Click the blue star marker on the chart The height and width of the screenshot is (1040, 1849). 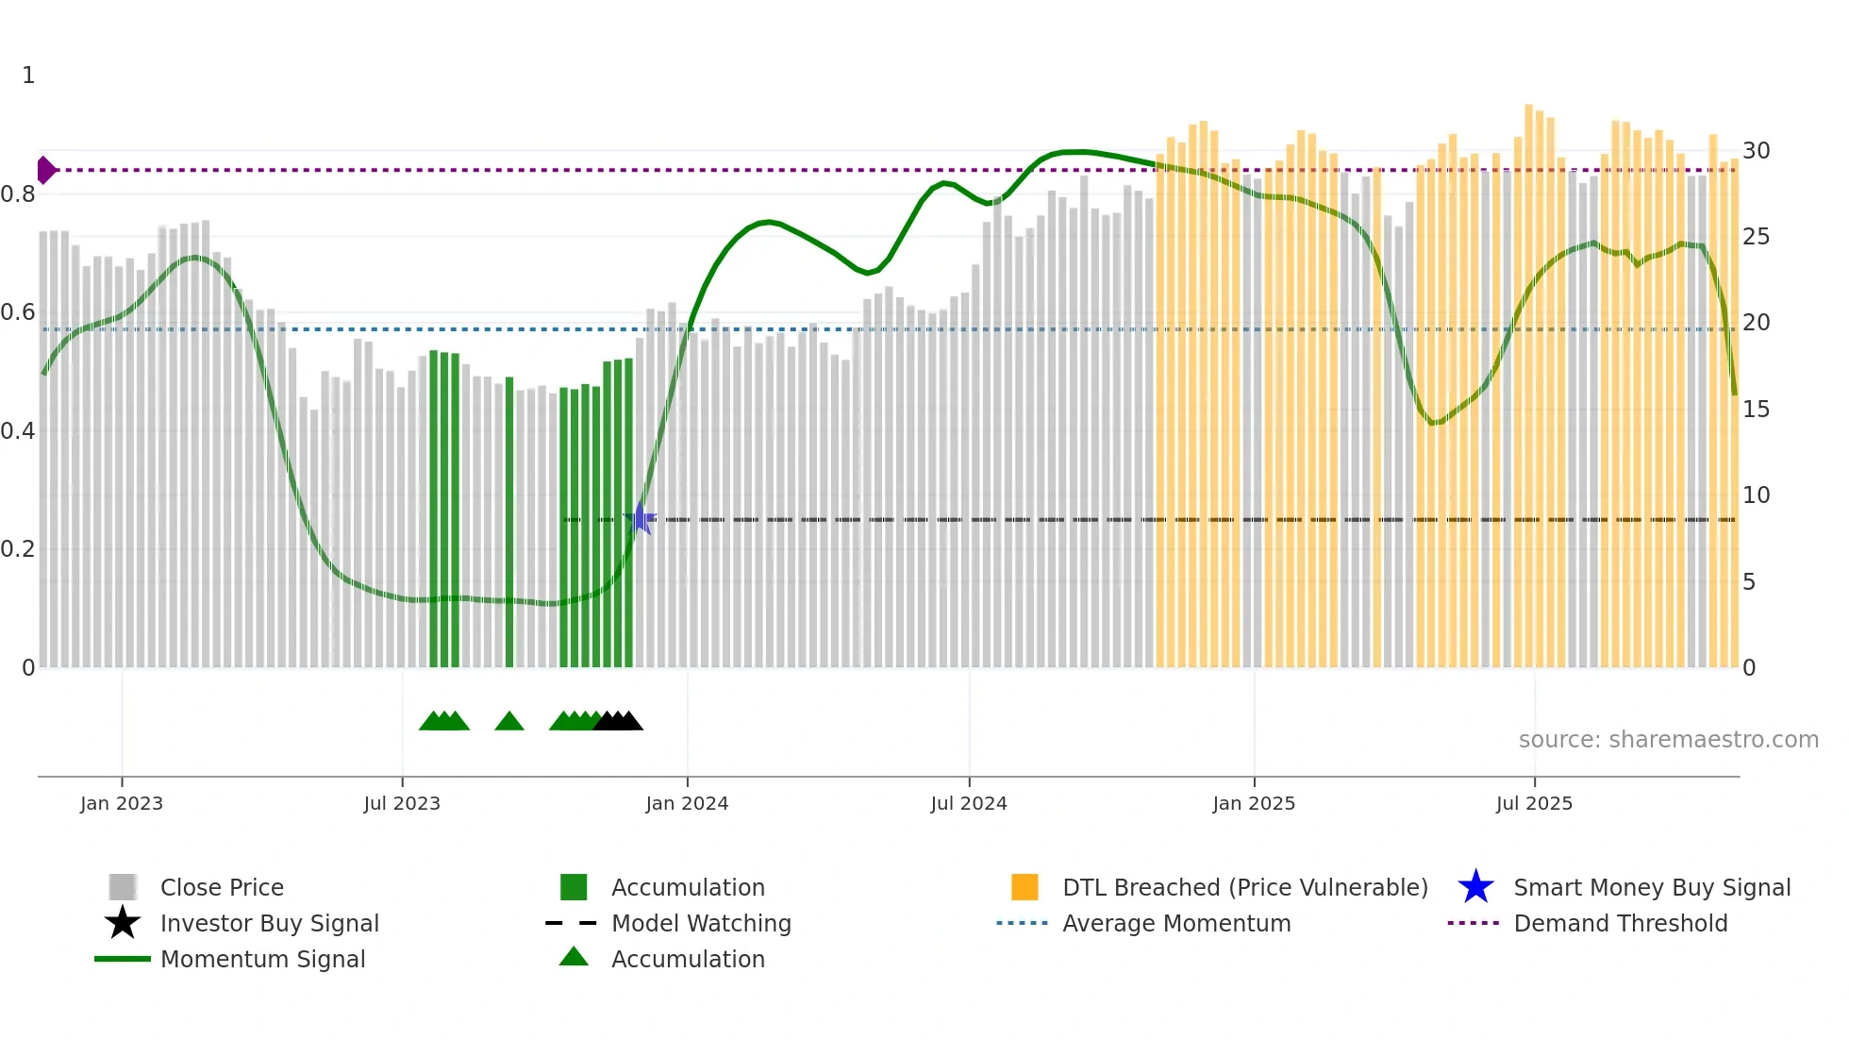click(x=640, y=519)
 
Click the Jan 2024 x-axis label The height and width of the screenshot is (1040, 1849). click(x=687, y=803)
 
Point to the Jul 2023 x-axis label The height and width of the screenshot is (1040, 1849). click(x=402, y=803)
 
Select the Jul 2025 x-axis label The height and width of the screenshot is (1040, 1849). click(x=1534, y=803)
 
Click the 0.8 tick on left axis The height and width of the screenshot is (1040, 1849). click(x=18, y=194)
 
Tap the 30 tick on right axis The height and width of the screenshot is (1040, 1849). click(x=1756, y=151)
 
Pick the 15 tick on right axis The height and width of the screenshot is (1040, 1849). click(x=1756, y=410)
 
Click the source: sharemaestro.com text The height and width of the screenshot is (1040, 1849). click(x=1668, y=740)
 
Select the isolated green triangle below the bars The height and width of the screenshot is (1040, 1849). click(x=509, y=722)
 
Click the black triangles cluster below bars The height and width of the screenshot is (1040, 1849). click(x=618, y=722)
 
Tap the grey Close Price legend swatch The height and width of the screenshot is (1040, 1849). click(x=123, y=887)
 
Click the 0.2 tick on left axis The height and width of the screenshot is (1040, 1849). click(x=18, y=549)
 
